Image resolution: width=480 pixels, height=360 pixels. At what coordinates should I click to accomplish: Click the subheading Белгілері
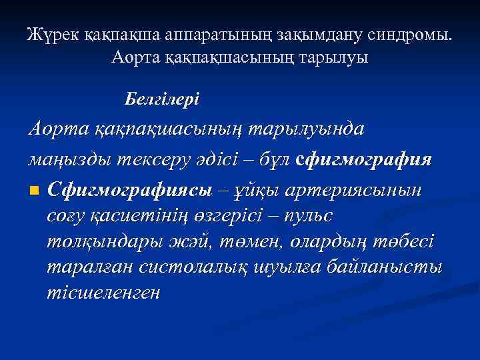pyautogui.click(x=161, y=100)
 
